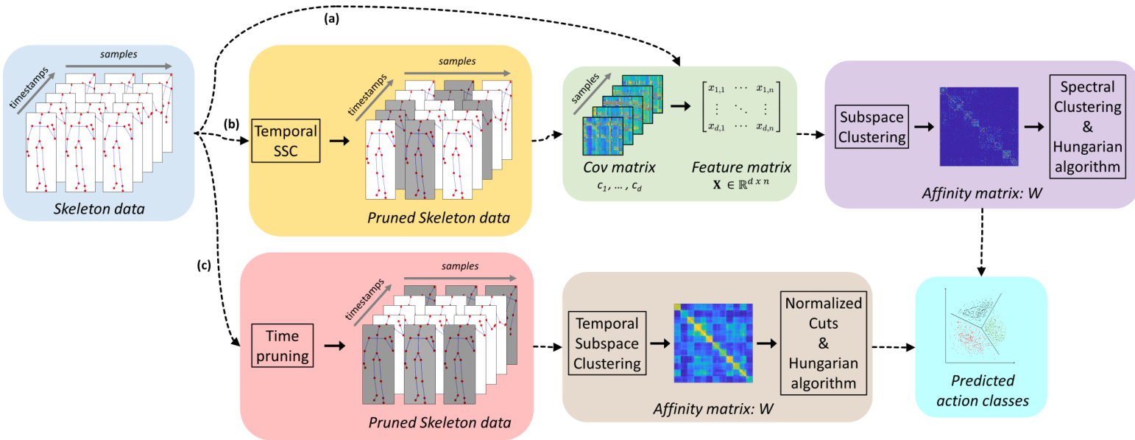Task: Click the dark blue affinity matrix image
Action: [979, 127]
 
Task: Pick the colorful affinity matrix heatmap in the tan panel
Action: [711, 343]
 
